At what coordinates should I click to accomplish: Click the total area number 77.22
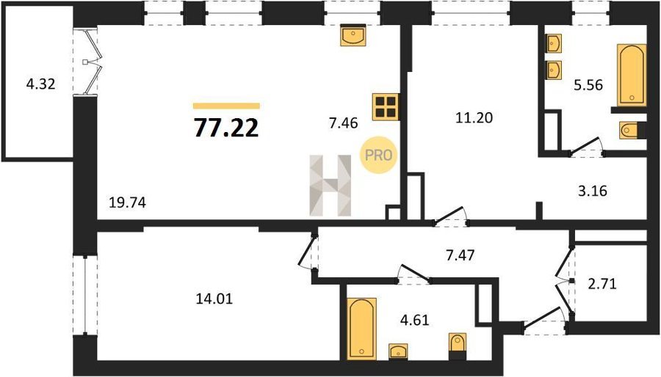pos(226,128)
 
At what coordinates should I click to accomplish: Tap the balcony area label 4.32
pos(40,84)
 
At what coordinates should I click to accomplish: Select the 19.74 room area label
pos(127,203)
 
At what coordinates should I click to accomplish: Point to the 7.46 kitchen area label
pos(343,123)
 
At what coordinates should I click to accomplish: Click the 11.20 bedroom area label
pos(474,118)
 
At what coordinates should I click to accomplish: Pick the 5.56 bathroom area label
pos(588,85)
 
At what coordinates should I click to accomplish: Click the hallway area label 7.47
pos(460,255)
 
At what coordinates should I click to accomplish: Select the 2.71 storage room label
pos(602,284)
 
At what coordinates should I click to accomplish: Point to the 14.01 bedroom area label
pos(214,299)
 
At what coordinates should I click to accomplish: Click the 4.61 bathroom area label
pos(414,320)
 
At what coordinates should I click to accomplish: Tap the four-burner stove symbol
pos(386,107)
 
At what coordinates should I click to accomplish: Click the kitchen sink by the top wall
pos(353,35)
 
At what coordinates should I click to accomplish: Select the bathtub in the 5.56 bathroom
pos(632,75)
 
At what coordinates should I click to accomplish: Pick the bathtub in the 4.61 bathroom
pos(361,329)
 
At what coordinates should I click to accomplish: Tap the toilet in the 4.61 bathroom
pos(458,346)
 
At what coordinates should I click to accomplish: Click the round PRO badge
pos(378,155)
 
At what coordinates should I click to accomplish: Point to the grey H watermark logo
pos(330,185)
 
